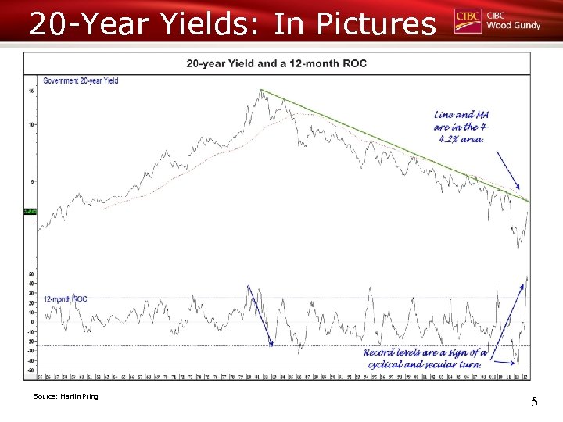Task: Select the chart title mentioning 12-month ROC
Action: [276, 63]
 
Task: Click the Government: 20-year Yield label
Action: [81, 81]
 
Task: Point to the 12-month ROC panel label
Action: [65, 299]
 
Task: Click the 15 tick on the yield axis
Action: [31, 91]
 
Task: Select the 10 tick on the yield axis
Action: [31, 124]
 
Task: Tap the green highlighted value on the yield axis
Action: [30, 212]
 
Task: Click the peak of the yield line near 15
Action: [261, 91]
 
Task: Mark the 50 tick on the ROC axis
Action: [31, 274]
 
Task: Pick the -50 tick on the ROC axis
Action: [31, 370]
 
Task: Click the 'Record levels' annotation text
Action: [426, 358]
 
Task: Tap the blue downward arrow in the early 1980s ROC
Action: [260, 316]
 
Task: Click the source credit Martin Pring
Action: [66, 397]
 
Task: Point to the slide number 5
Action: [534, 402]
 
